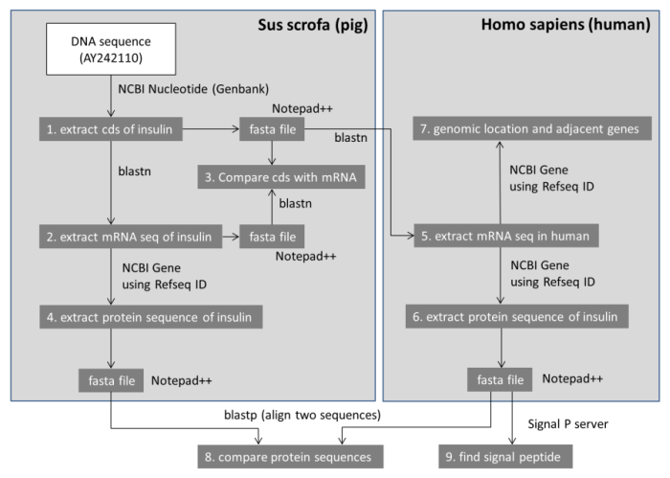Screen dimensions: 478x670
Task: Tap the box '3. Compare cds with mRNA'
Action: [x=273, y=177]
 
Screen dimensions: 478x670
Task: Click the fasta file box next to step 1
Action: [x=273, y=127]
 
